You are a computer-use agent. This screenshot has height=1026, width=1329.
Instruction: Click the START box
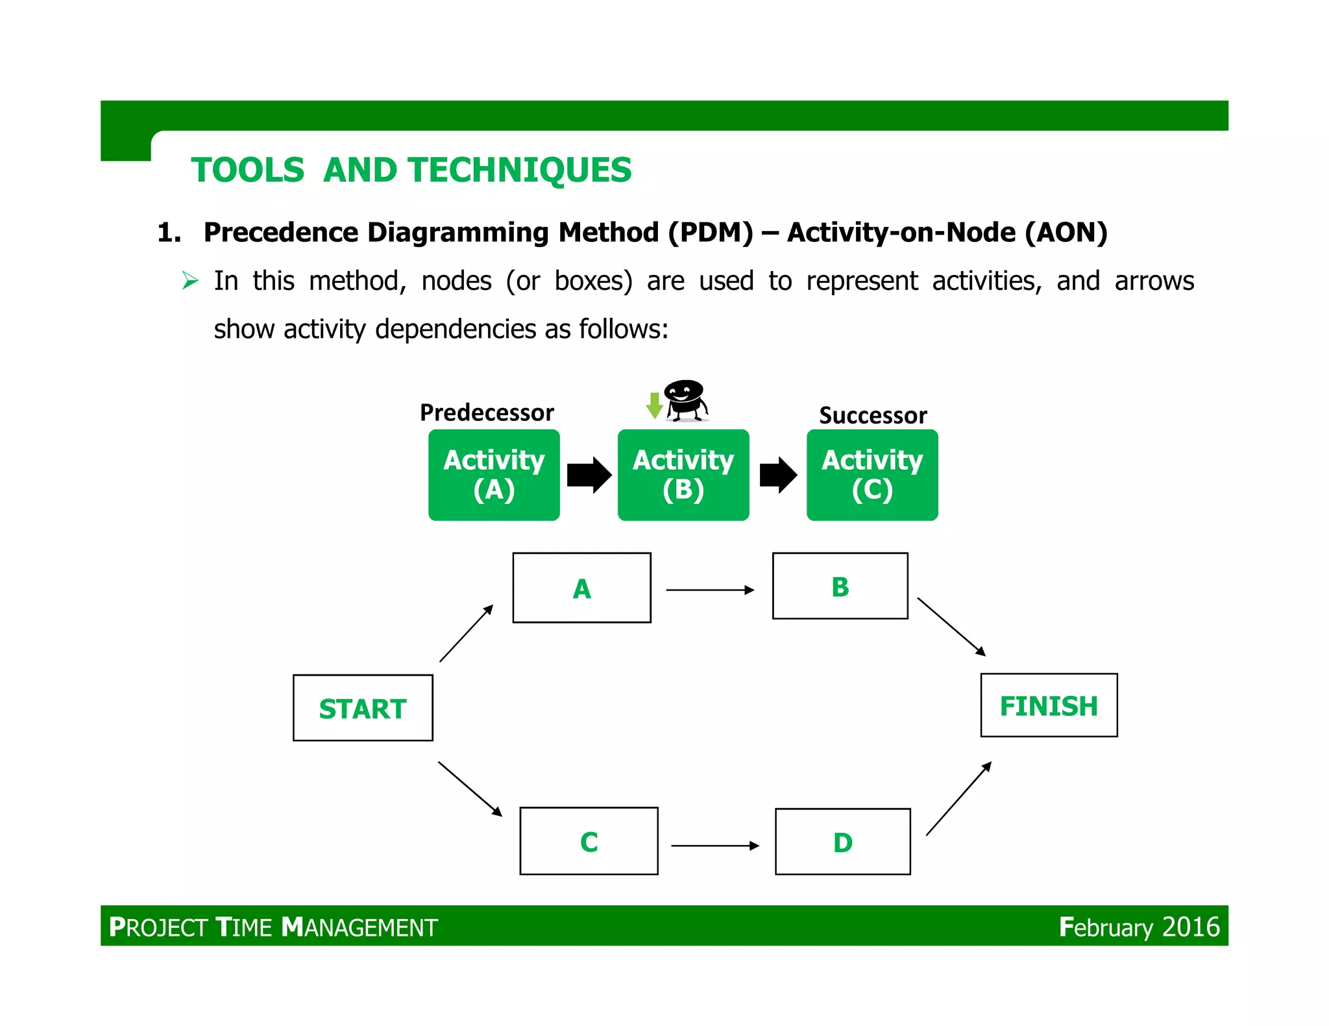(363, 708)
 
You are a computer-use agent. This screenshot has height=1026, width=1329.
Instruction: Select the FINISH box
(1049, 705)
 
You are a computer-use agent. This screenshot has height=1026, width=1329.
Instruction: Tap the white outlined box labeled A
(581, 588)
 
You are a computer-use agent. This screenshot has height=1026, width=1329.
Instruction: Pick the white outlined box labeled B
(840, 586)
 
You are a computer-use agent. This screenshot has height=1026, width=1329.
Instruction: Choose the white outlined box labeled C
(589, 841)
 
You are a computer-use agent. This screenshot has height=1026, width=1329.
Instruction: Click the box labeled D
(842, 841)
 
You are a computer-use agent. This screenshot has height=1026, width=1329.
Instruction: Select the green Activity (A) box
(494, 475)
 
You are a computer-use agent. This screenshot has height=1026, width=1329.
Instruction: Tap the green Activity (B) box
(683, 475)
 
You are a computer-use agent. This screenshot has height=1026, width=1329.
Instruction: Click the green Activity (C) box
(872, 475)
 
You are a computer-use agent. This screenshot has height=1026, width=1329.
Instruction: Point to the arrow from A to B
(710, 590)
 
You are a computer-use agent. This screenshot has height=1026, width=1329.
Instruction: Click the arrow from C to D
(714, 845)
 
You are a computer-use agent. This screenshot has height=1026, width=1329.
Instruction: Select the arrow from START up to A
(466, 634)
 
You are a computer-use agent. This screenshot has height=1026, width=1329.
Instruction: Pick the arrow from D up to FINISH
(958, 798)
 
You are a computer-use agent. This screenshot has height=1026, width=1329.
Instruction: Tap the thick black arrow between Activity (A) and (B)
(589, 475)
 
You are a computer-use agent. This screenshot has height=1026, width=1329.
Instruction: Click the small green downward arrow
(654, 405)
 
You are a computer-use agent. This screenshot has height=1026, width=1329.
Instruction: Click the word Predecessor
(487, 412)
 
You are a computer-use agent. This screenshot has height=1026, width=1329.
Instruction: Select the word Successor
(873, 415)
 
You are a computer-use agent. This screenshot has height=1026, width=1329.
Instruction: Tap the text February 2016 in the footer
(1139, 927)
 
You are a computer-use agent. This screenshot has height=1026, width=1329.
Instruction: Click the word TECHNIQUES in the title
(519, 170)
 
